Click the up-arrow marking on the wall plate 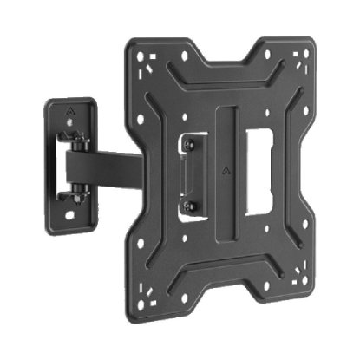70,112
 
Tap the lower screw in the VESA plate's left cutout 192,206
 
